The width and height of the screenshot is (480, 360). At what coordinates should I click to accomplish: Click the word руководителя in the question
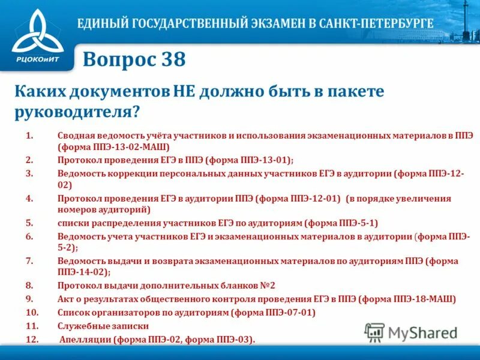tap(74, 111)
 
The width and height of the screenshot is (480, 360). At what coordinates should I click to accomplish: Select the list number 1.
tap(29, 136)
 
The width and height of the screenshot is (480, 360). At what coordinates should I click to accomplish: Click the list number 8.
tap(29, 286)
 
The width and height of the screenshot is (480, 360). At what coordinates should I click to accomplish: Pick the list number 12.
tap(32, 340)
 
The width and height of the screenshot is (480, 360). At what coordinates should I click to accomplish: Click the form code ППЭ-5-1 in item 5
tap(353, 223)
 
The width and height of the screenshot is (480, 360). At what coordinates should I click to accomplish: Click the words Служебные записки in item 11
tap(103, 326)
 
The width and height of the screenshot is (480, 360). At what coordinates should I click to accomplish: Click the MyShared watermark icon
tap(375, 332)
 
